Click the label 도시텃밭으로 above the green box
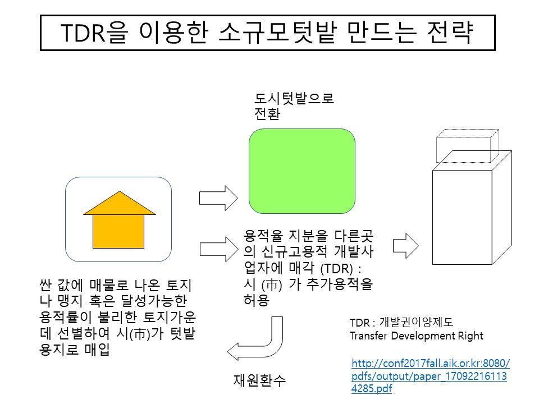point(294,99)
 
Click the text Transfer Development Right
point(416,336)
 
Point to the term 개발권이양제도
point(417,322)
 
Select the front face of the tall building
point(462,217)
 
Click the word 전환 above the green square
point(267,115)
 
